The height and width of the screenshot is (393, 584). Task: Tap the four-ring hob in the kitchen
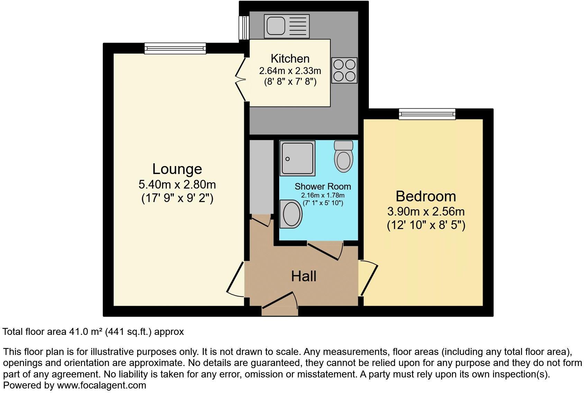tap(344, 70)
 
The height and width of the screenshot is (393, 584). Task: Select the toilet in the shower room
tap(344, 157)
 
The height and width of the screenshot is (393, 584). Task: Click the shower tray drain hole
tap(287, 159)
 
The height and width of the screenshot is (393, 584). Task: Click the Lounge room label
tap(177, 169)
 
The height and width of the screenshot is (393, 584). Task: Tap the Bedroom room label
tap(426, 196)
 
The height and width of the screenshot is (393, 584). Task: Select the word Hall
tap(303, 276)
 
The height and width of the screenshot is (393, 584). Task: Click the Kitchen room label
tap(290, 58)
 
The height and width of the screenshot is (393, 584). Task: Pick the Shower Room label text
tap(322, 186)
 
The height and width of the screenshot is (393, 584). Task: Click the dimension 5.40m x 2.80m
tap(177, 184)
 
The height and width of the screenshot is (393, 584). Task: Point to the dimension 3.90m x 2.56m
tap(426, 211)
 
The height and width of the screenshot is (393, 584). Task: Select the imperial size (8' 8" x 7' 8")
tap(290, 82)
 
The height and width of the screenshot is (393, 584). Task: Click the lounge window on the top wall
tap(175, 48)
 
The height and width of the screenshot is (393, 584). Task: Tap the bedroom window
tap(427, 114)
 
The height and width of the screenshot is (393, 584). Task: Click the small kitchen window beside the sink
tap(244, 28)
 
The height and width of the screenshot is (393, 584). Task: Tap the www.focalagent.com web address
tap(101, 385)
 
